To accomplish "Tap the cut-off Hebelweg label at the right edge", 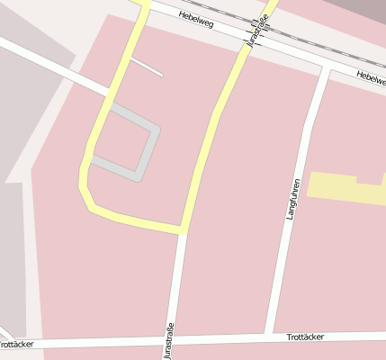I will tap(371, 77).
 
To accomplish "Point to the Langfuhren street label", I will tap(292, 199).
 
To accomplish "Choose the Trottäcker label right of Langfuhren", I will tap(304, 337).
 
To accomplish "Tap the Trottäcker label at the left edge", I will tap(16, 345).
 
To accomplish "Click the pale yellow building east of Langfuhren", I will tap(346, 187).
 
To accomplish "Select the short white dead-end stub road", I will tap(147, 67).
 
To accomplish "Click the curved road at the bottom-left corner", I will tap(4, 335).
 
